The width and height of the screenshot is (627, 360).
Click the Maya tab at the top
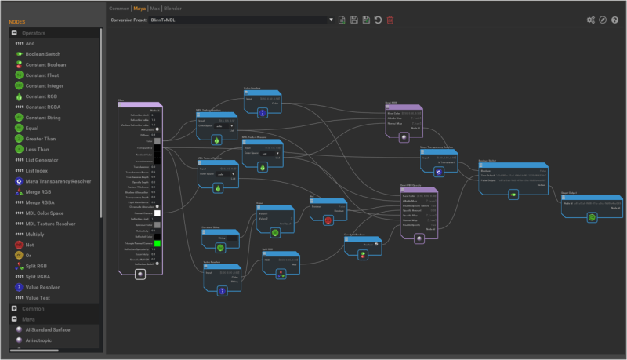(x=140, y=8)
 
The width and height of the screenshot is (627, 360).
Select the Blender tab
(x=173, y=8)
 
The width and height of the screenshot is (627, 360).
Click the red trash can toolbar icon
(x=390, y=20)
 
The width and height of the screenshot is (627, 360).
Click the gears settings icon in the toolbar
(x=591, y=20)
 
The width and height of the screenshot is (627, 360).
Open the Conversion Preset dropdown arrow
(x=331, y=20)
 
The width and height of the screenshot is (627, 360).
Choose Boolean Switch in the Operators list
(x=45, y=54)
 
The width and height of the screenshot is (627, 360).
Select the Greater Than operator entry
(x=42, y=139)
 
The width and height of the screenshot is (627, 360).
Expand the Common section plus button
(x=14, y=309)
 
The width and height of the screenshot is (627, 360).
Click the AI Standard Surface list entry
(x=53, y=330)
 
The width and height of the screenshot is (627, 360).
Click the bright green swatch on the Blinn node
(x=158, y=243)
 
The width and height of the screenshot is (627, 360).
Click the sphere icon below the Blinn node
(x=140, y=275)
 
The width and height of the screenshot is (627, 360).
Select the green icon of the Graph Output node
(x=593, y=217)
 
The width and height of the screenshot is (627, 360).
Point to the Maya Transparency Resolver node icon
(x=439, y=171)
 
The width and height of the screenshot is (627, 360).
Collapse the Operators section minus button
(x=14, y=33)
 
